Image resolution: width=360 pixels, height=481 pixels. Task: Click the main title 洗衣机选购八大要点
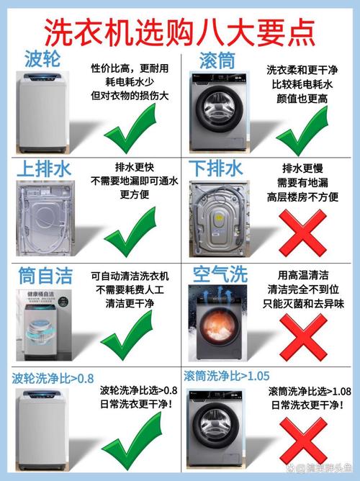tap(180, 30)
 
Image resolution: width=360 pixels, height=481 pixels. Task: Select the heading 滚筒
tap(216, 58)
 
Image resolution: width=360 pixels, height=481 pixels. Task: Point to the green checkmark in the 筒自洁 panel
tap(130, 338)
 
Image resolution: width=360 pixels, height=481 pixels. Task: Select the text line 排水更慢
tap(302, 168)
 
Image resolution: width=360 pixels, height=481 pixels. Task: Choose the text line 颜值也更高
tap(302, 99)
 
